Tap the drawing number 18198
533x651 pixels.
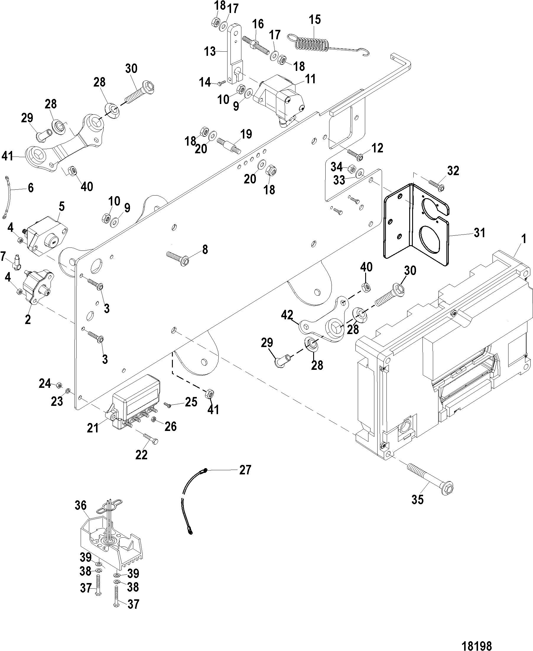[x=477, y=637]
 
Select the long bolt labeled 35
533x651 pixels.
[x=430, y=481]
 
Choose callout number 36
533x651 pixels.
[x=81, y=505]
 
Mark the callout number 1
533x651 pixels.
[x=524, y=238]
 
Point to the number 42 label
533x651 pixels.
[x=287, y=315]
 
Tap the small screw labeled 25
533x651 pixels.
[x=168, y=406]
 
